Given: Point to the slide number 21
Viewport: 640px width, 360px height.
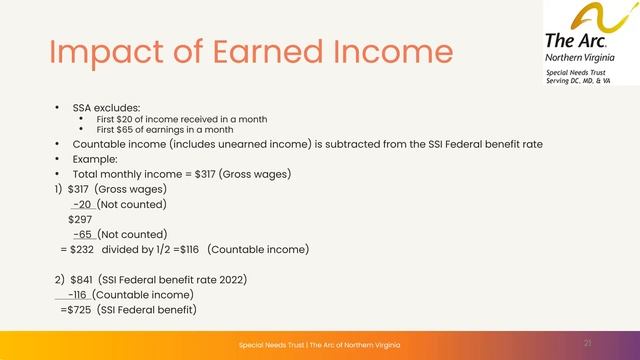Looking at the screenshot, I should pyautogui.click(x=588, y=343).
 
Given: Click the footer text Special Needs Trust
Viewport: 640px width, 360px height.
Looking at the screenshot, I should pyautogui.click(x=270, y=344).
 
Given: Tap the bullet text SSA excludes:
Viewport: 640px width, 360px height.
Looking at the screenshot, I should pyautogui.click(x=98, y=106).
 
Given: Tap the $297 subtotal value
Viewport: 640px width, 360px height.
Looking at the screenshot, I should pyautogui.click(x=80, y=218).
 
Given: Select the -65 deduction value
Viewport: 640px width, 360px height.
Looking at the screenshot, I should pyautogui.click(x=84, y=234).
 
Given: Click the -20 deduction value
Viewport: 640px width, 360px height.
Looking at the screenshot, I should pyautogui.click(x=84, y=203).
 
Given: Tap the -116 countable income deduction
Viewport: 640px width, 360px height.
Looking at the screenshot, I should pyautogui.click(x=77, y=294).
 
